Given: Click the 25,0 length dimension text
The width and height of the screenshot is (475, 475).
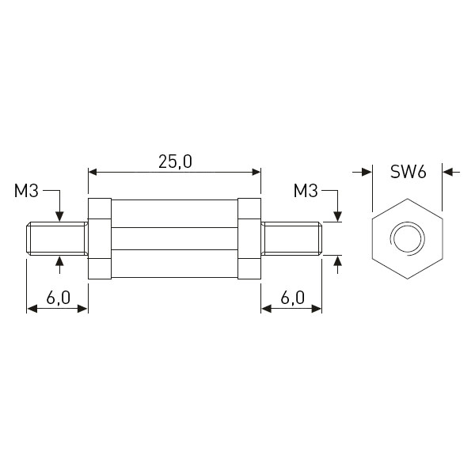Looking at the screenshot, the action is (x=175, y=161).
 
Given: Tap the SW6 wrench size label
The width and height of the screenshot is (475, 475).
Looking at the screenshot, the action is (x=408, y=172).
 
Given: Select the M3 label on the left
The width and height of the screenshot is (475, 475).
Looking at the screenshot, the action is (x=26, y=191).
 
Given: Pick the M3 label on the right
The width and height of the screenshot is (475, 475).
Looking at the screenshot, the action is (x=306, y=191).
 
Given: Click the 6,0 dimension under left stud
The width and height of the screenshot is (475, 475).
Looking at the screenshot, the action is (x=58, y=298).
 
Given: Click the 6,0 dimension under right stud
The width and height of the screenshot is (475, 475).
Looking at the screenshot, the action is (x=292, y=298).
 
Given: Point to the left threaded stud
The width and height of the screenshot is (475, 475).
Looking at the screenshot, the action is (x=57, y=239).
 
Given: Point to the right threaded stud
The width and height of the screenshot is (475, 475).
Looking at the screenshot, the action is (x=291, y=239).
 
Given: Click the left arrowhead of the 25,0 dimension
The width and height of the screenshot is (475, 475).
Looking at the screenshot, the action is (x=92, y=172).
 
